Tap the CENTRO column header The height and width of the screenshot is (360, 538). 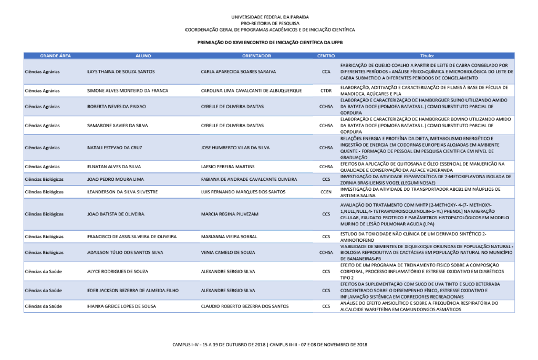pos(326,56)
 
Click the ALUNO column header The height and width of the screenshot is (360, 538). pos(143,56)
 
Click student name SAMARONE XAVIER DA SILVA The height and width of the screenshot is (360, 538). pos(120,126)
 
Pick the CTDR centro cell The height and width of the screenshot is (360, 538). pos(326,91)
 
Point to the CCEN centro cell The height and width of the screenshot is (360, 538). pos(326,192)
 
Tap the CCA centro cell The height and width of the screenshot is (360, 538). pos(326,71)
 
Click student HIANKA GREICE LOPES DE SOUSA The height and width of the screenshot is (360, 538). pos(122,306)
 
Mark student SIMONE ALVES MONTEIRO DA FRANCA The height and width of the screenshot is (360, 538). pos(127,91)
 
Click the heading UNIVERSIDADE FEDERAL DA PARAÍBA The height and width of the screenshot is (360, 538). pos(269,17)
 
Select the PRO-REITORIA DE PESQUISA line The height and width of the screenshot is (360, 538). pos(269,24)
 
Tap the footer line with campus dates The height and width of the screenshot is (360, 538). pos(270,345)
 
